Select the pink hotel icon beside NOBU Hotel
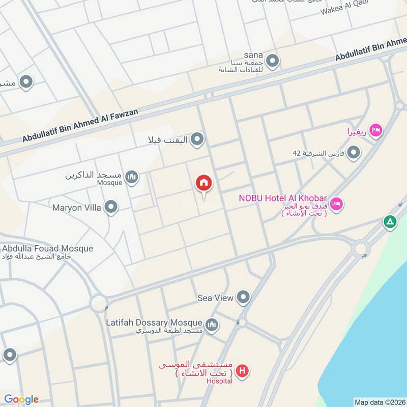tap(336, 205)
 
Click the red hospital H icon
tap(243, 371)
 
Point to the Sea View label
tap(215, 298)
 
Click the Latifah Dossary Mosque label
tap(154, 323)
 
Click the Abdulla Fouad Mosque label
tap(48, 249)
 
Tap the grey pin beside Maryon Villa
tap(110, 207)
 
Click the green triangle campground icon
tap(390, 222)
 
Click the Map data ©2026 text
tap(379, 402)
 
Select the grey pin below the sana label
tap(273, 62)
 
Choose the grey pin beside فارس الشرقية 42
tap(353, 153)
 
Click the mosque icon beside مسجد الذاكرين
tap(132, 177)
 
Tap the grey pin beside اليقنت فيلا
tap(197, 139)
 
